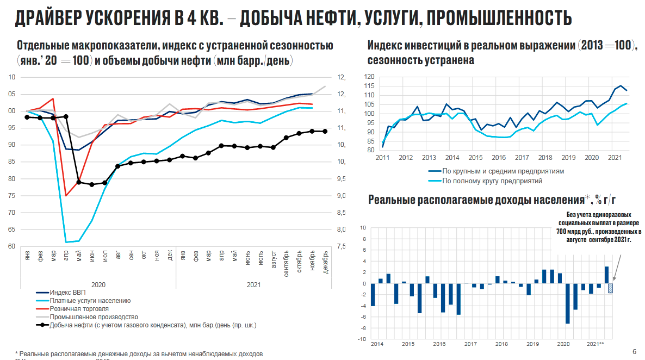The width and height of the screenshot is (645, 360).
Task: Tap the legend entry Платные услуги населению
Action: click(x=90, y=301)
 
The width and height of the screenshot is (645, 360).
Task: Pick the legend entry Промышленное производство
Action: click(x=94, y=317)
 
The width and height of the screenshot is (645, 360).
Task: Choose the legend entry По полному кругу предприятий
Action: click(x=492, y=181)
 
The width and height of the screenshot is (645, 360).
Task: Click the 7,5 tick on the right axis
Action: click(x=342, y=246)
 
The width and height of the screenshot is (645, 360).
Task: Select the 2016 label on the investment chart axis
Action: click(x=499, y=158)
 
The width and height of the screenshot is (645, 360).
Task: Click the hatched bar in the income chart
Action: click(x=611, y=288)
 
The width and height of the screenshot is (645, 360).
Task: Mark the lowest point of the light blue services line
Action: click(x=66, y=242)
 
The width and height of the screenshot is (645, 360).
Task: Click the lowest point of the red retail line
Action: click(x=66, y=195)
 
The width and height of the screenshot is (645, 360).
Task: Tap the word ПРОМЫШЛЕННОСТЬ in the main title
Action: click(x=499, y=18)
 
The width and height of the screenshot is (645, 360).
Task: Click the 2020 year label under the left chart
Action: click(x=98, y=284)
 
